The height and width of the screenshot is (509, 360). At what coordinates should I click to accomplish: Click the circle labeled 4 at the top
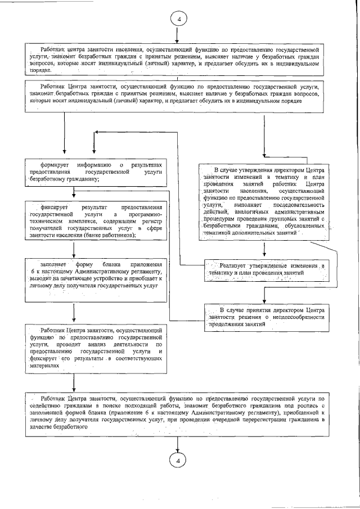click(x=178, y=19)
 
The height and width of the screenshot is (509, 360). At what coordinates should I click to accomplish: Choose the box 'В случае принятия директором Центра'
click(x=267, y=317)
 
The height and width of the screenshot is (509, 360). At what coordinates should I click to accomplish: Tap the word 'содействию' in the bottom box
click(x=48, y=404)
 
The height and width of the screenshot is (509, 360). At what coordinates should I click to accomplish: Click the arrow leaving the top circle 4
click(x=178, y=35)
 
